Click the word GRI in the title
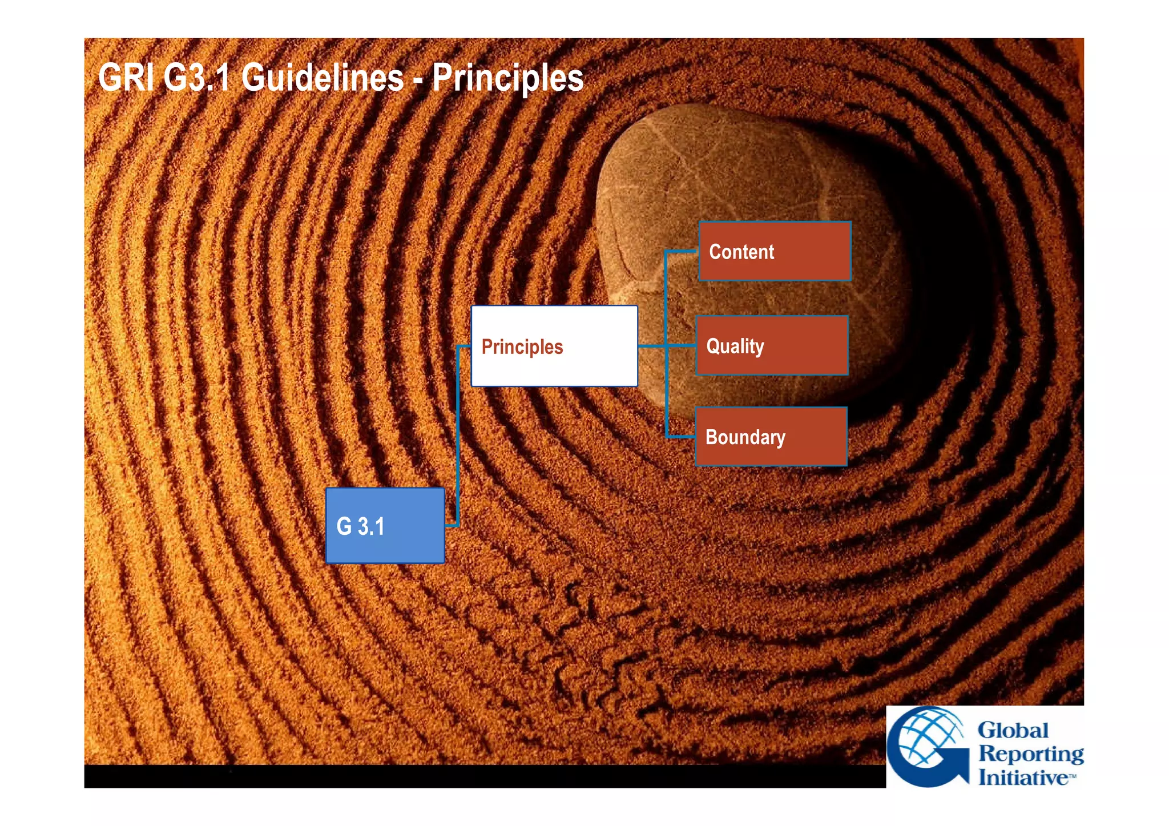[x=126, y=78]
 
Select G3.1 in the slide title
[x=196, y=78]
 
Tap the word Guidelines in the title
[x=323, y=78]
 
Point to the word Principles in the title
[x=507, y=78]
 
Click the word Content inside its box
[x=741, y=252]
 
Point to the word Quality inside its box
[x=735, y=346]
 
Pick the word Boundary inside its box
[x=745, y=437]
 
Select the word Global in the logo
[x=1013, y=730]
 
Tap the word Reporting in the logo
[x=1031, y=754]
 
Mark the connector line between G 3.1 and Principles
[x=458, y=434]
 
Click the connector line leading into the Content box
[x=680, y=251]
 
